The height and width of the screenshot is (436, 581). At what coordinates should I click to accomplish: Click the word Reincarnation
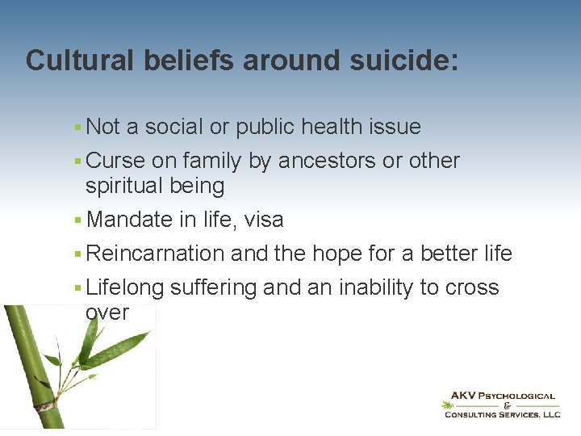pyautogui.click(x=155, y=254)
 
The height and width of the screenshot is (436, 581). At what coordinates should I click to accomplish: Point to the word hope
pyautogui.click(x=336, y=254)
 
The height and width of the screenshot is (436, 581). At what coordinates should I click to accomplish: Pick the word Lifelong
pyautogui.click(x=125, y=287)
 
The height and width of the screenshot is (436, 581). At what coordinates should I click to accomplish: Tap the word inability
pyautogui.click(x=377, y=287)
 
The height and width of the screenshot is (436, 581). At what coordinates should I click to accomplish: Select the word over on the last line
pyautogui.click(x=107, y=312)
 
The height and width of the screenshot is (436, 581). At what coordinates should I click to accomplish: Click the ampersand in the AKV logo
pyautogui.click(x=506, y=405)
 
